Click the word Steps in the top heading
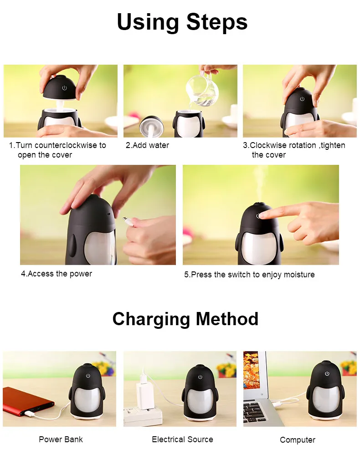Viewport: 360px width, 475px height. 217,23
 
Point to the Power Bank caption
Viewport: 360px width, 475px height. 61,439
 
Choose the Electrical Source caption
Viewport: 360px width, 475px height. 182,439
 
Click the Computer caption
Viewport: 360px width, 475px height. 297,440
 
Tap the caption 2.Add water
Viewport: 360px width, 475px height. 147,145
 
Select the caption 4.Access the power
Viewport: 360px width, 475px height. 57,274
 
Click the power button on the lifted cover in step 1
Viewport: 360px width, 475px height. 64,88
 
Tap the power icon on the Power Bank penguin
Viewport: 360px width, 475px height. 88,376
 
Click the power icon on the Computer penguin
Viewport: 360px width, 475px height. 327,373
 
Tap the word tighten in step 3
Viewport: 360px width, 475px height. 333,145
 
